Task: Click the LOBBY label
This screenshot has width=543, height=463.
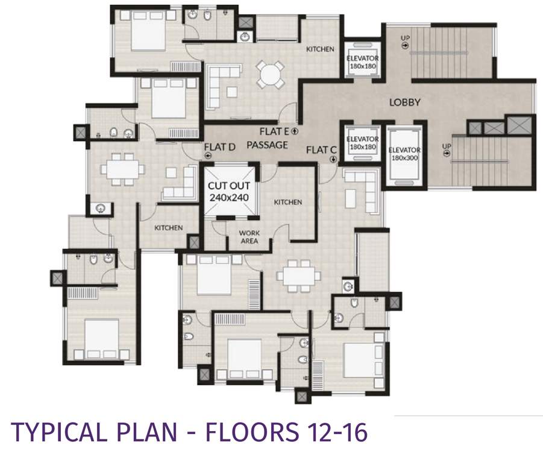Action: (404, 102)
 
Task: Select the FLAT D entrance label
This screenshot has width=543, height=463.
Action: (219, 146)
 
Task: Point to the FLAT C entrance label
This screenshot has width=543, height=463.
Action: (321, 149)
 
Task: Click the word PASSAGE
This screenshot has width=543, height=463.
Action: (267, 145)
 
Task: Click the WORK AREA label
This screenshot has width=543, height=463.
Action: (249, 236)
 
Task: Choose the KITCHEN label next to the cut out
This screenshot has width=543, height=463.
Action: (288, 202)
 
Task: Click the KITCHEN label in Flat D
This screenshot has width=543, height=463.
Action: (168, 227)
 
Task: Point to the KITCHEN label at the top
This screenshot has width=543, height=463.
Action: (320, 49)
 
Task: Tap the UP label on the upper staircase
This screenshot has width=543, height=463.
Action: (406, 39)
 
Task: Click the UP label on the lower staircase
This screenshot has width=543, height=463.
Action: (447, 146)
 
